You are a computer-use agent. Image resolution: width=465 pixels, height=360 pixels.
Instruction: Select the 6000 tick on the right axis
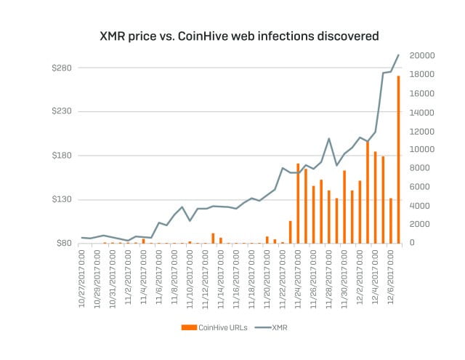(420, 187)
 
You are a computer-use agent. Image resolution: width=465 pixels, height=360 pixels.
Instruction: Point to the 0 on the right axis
(412, 243)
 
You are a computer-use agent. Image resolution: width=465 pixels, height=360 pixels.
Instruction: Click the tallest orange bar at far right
(398, 159)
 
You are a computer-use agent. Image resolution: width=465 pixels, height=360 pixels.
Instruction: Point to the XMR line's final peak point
(398, 55)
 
